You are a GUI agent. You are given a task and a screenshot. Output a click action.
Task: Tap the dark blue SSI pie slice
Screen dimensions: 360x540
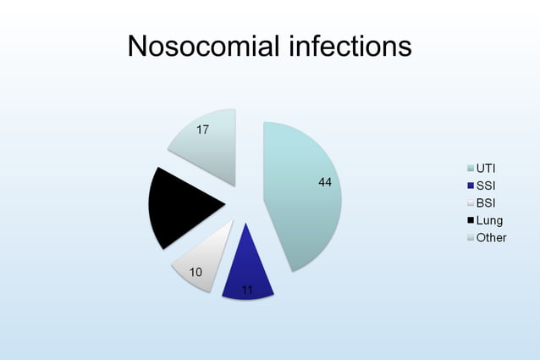click(x=247, y=271)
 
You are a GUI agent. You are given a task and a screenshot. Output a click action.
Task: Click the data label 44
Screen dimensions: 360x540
click(x=325, y=183)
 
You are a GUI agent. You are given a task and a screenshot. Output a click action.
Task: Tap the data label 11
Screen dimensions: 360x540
click(x=247, y=290)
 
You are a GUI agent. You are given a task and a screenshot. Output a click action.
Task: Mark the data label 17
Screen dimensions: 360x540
click(x=202, y=130)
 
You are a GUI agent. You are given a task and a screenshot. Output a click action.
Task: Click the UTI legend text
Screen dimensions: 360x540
click(x=486, y=168)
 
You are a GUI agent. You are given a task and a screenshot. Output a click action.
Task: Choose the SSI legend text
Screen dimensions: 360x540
click(x=486, y=186)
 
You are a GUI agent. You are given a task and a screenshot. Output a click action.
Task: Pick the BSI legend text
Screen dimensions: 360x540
click(x=486, y=203)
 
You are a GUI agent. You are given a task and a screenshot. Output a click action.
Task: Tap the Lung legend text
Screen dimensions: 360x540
click(x=489, y=220)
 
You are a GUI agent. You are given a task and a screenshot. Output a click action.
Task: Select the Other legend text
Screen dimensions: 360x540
click(x=491, y=237)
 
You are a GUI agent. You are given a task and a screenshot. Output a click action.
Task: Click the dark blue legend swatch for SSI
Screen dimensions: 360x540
click(x=470, y=186)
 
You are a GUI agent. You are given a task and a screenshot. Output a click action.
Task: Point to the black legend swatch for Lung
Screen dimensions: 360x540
click(x=470, y=220)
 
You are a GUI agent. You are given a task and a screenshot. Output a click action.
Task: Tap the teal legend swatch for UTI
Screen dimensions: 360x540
click(x=470, y=168)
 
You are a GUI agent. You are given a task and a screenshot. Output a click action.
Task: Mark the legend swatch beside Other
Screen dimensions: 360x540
click(x=470, y=237)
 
